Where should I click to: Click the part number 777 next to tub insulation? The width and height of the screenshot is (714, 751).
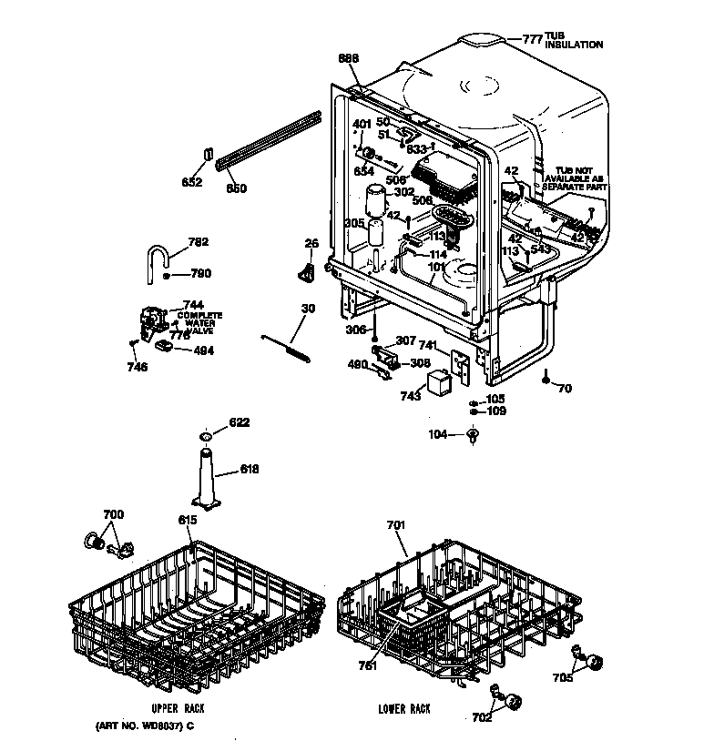tap(532, 39)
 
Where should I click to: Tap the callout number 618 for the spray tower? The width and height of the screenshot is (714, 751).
tap(250, 470)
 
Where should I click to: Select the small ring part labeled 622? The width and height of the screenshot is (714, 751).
tap(207, 438)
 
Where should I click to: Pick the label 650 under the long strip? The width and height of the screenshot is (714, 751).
tap(236, 188)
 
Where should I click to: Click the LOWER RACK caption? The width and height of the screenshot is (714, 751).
tap(404, 708)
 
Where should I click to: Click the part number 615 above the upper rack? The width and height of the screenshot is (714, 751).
tap(188, 519)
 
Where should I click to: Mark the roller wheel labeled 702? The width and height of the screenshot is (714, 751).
tap(515, 701)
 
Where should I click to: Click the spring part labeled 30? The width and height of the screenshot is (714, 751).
tap(290, 345)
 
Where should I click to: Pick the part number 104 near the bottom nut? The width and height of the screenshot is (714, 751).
tap(439, 435)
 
